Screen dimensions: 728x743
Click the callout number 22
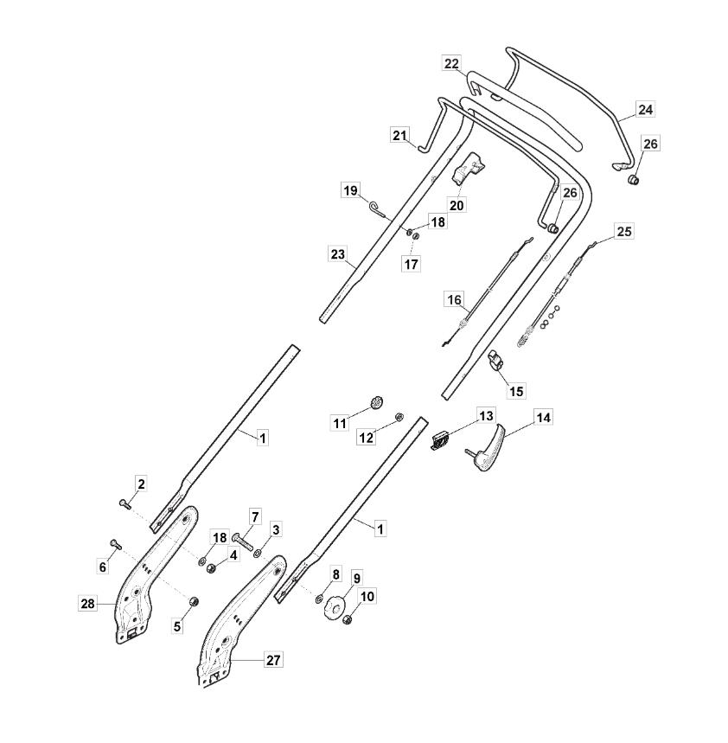click(x=451, y=63)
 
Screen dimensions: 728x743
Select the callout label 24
click(x=645, y=110)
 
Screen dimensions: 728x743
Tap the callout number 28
click(x=87, y=604)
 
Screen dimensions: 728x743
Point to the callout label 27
click(x=273, y=660)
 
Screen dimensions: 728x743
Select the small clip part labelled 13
click(x=440, y=440)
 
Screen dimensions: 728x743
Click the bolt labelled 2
click(x=125, y=504)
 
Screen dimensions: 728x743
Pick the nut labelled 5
click(x=194, y=602)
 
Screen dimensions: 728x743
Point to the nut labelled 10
click(x=348, y=619)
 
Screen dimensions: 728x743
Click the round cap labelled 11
click(x=377, y=403)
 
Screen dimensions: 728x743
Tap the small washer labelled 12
click(x=399, y=417)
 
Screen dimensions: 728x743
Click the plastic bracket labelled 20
click(x=469, y=170)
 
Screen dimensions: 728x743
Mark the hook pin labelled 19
click(x=380, y=210)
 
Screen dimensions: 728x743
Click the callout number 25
click(x=624, y=231)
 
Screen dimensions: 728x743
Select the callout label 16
click(x=454, y=299)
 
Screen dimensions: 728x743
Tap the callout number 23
click(x=338, y=254)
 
